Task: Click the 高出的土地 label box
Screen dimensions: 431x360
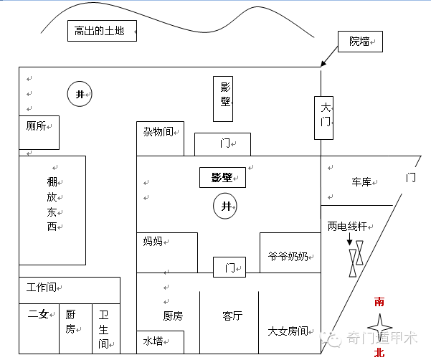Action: (100, 31)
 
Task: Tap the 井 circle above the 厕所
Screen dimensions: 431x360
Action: (80, 94)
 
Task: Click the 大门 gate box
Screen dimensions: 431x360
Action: (325, 116)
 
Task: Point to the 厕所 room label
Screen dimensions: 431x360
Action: (36, 126)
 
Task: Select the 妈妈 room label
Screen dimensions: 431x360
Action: (153, 242)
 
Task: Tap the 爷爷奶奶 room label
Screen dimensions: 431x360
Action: (288, 256)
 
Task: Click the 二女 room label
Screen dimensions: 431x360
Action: (38, 313)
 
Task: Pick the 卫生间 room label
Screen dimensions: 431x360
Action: (104, 328)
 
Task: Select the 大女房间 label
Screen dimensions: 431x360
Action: (287, 331)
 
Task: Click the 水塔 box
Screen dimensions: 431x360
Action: (153, 341)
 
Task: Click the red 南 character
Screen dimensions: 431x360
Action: (379, 302)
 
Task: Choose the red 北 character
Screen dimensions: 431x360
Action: (379, 352)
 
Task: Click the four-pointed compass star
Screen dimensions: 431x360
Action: (379, 327)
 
